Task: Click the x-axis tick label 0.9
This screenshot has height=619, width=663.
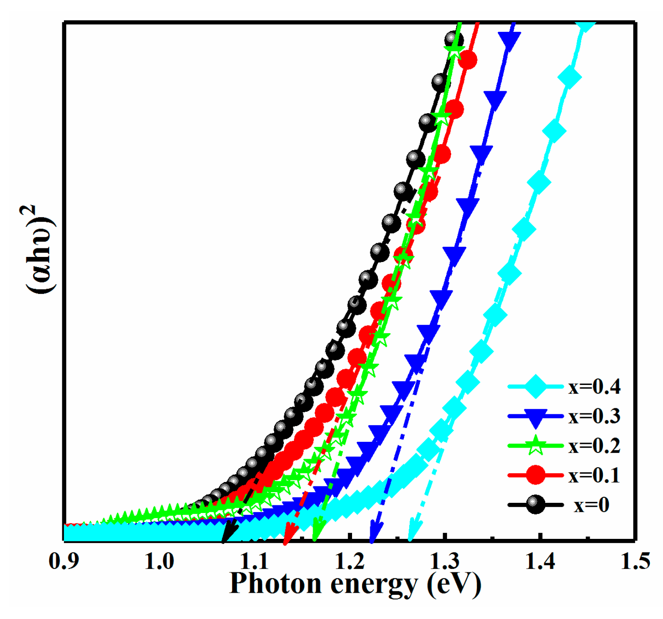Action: coord(64,561)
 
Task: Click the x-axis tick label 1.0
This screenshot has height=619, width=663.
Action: coord(159,561)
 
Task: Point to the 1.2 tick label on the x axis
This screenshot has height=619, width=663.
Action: coord(350,561)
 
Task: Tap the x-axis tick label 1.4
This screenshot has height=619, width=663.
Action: coord(540,561)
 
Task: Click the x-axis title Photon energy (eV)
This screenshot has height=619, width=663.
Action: coord(355,584)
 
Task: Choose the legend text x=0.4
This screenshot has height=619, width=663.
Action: coord(594,387)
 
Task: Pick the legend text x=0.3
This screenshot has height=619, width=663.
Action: coord(594,416)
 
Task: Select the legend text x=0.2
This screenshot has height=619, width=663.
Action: coord(594,446)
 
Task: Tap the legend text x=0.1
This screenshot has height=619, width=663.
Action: coord(594,475)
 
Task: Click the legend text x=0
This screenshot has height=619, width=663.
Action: coord(591,505)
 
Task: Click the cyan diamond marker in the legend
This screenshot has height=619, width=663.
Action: coord(535,386)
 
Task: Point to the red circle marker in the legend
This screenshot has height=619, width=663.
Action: coord(535,475)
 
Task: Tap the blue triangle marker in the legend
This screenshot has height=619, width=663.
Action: coord(535,417)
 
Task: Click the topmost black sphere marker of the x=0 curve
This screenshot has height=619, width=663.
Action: coord(454,40)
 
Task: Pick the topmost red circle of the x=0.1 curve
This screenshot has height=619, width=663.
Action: coord(468,59)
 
